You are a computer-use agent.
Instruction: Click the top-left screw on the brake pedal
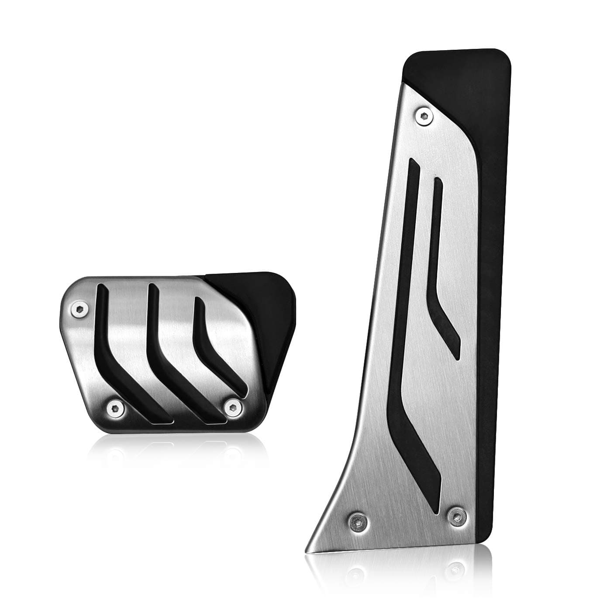[x=79, y=308]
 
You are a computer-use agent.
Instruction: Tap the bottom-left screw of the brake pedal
[x=115, y=407]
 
